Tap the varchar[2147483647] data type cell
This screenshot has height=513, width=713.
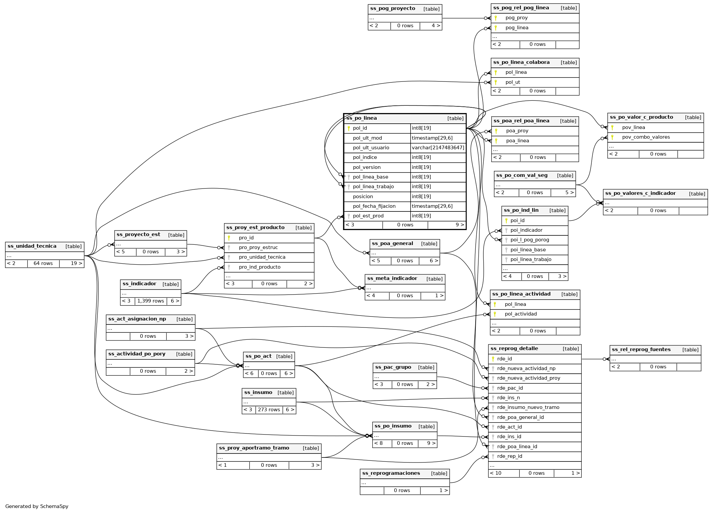(x=438, y=148)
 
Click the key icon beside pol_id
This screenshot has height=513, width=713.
(x=349, y=128)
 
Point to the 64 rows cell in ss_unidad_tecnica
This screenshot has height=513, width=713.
(x=43, y=263)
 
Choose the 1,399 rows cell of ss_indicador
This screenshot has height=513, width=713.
(x=151, y=301)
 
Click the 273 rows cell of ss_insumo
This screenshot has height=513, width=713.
(x=269, y=410)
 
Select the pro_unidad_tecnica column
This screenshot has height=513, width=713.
(x=262, y=257)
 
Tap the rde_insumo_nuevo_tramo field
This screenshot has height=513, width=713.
(x=528, y=407)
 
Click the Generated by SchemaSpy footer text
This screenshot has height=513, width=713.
(x=37, y=506)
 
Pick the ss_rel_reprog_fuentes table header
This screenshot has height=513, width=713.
(x=641, y=350)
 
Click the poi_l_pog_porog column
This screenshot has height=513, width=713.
(x=530, y=240)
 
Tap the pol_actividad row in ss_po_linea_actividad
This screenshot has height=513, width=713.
(x=521, y=314)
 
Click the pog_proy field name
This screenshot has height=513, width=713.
(x=516, y=18)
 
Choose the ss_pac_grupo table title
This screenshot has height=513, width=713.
(x=393, y=367)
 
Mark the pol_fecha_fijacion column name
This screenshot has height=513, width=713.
(x=374, y=206)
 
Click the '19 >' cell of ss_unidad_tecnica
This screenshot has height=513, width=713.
(x=76, y=263)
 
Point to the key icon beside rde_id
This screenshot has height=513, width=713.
(x=493, y=359)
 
